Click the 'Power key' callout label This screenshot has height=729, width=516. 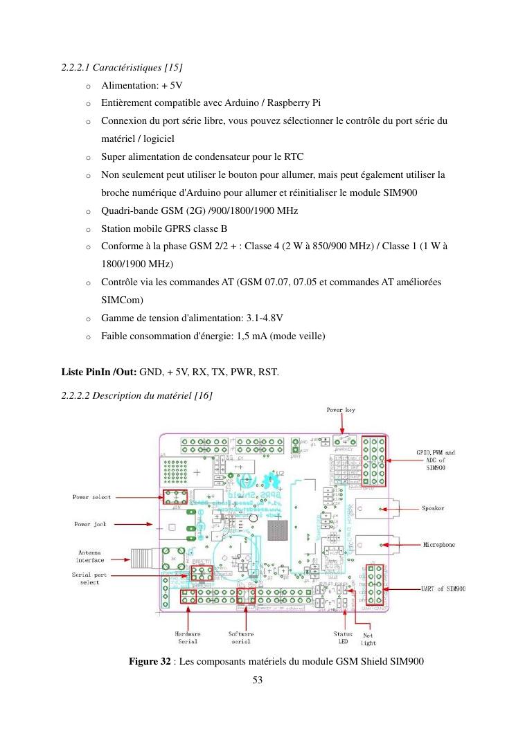click(x=341, y=411)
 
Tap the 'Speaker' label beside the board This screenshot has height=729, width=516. click(x=433, y=508)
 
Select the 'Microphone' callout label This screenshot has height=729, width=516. click(x=439, y=545)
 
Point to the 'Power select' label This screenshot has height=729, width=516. click(x=91, y=497)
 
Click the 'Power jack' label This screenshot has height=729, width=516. click(x=91, y=524)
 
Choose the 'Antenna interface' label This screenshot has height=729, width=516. click(x=90, y=556)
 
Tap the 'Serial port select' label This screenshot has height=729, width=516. click(x=90, y=578)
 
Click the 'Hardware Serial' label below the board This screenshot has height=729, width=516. click(x=187, y=637)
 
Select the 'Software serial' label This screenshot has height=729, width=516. click(x=240, y=637)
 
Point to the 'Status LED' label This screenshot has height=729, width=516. click(x=343, y=637)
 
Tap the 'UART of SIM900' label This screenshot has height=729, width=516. click(x=443, y=589)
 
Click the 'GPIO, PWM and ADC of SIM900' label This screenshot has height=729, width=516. click(x=435, y=460)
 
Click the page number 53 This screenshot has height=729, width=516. click(x=258, y=680)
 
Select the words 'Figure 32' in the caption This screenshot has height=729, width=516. click(x=150, y=662)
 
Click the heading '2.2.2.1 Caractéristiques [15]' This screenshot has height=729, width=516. click(x=122, y=68)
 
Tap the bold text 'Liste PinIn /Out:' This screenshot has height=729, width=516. click(x=100, y=372)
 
